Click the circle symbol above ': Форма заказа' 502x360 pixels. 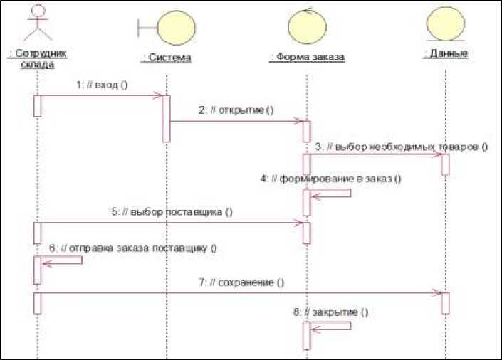tap(307, 26)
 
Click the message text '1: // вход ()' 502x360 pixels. tap(101, 84)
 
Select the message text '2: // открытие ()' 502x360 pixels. tap(236, 110)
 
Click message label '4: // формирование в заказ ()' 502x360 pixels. tap(330, 179)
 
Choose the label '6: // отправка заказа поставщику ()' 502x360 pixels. tap(132, 248)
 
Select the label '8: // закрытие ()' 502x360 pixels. tap(331, 312)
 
